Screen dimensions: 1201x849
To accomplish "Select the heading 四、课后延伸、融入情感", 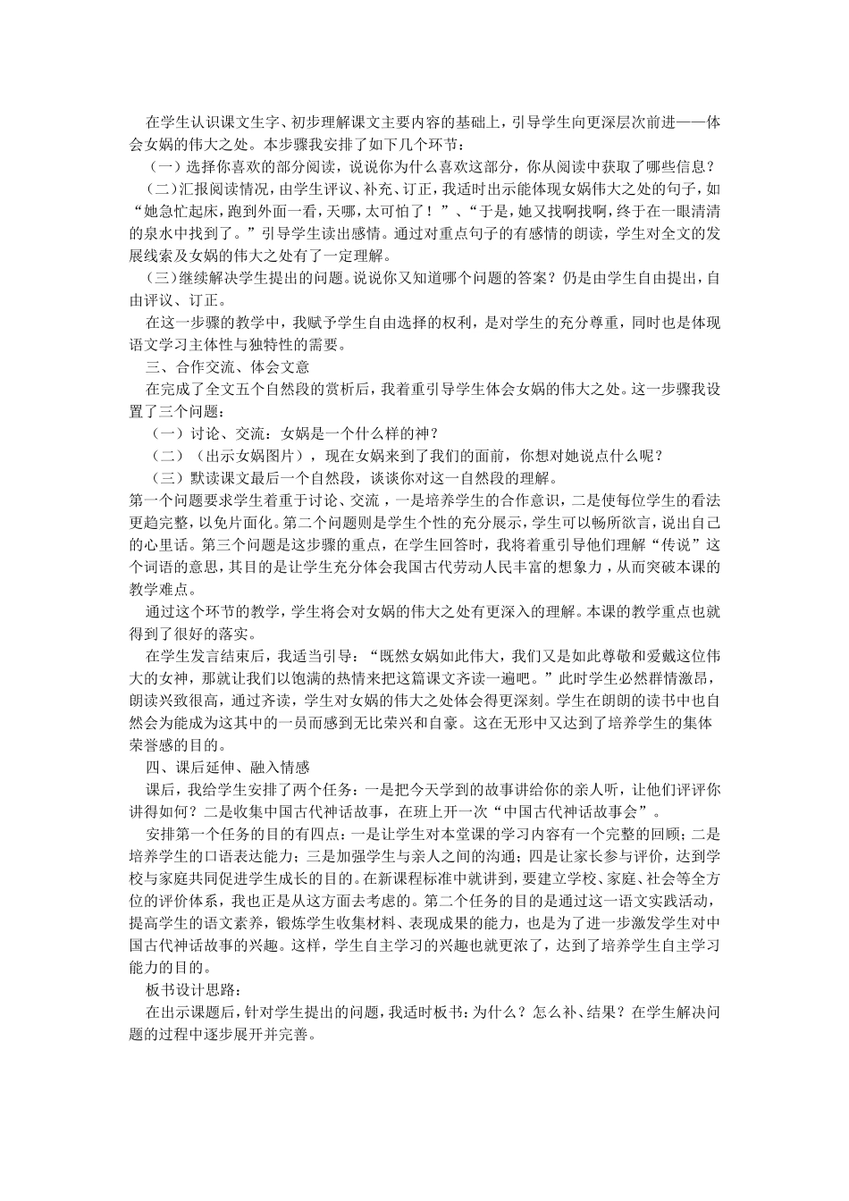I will [x=227, y=768].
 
